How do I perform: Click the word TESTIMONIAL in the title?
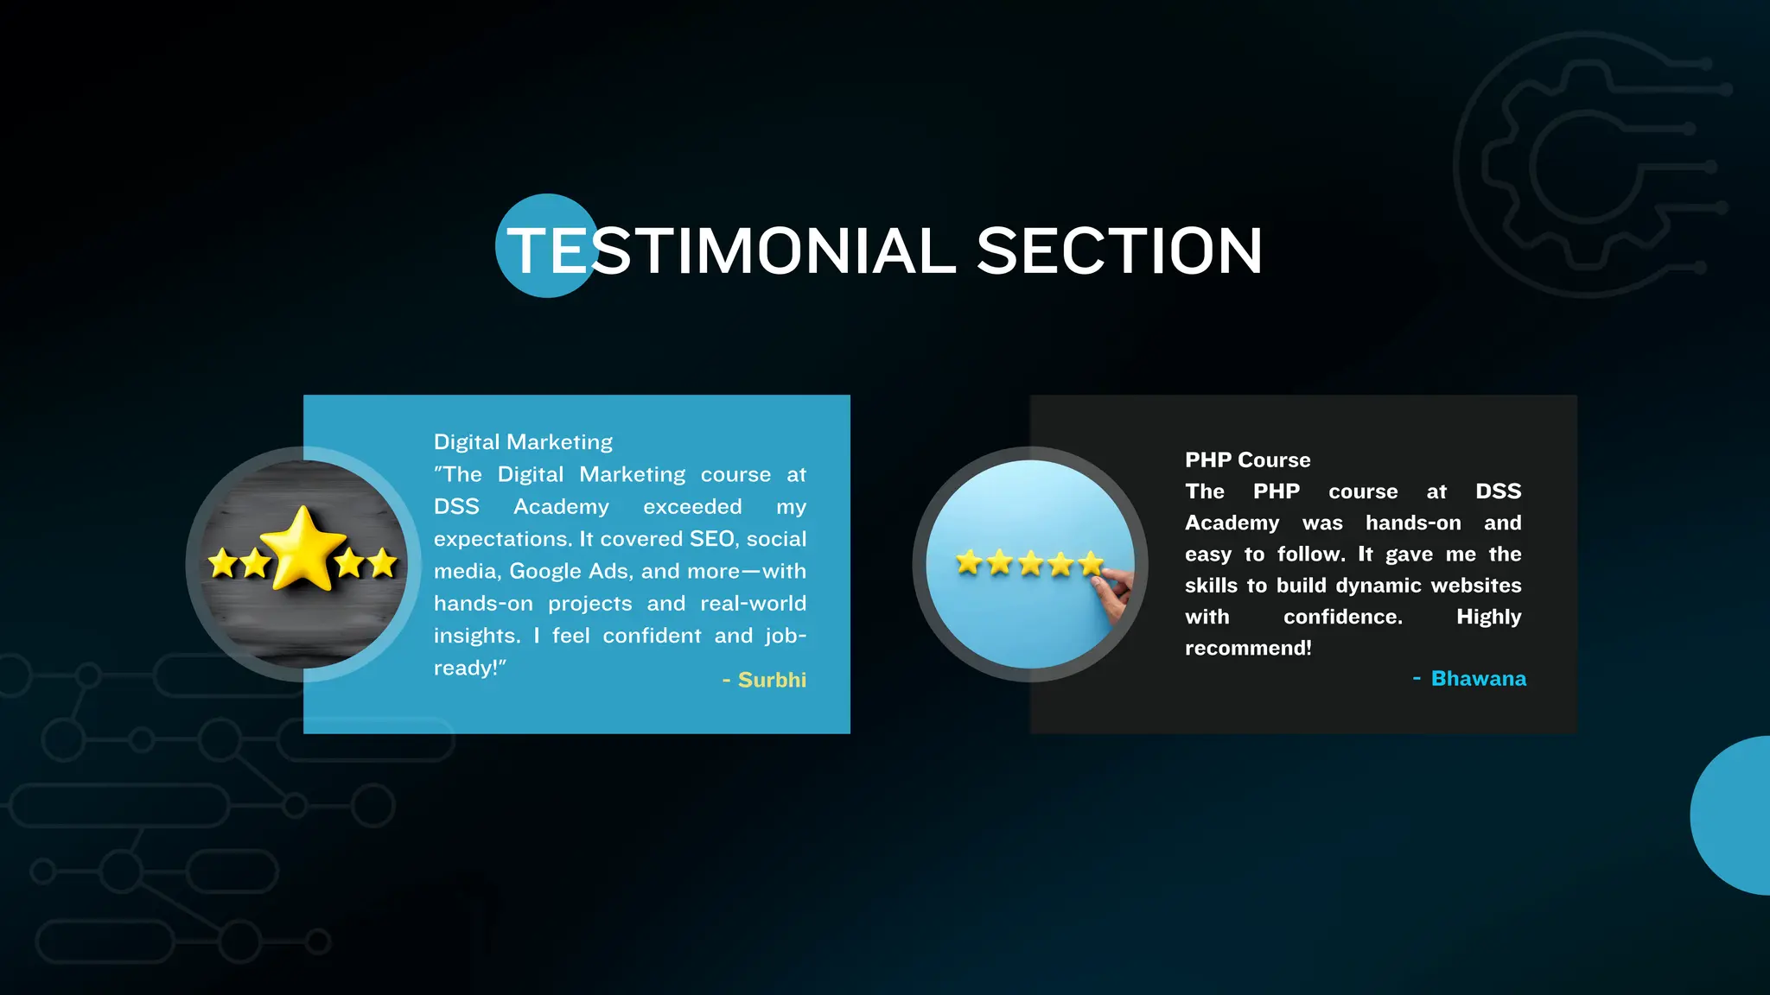731,251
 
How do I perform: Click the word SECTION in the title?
1119,251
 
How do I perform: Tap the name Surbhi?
772,680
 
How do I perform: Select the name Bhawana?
1478,679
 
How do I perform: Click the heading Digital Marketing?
523,442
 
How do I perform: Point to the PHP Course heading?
1247,460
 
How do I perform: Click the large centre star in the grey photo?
302,548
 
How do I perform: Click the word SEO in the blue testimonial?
712,539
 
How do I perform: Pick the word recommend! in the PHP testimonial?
1248,649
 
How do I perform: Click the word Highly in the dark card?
1488,617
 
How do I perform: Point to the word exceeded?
692,507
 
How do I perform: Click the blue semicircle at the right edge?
1733,814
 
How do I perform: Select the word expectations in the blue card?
501,540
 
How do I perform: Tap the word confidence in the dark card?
1342,617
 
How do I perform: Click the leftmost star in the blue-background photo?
969,563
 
